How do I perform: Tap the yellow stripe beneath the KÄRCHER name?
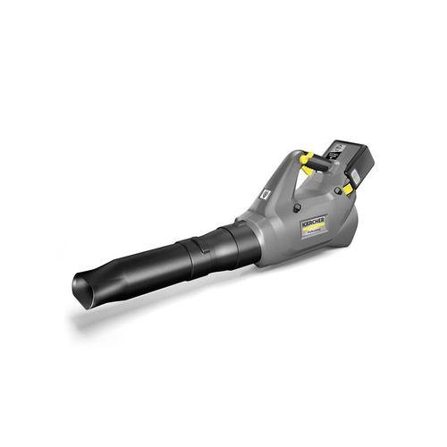[x=313, y=228]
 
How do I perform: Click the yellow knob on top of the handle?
[x=306, y=158]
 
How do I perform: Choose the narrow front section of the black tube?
[x=134, y=273]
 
